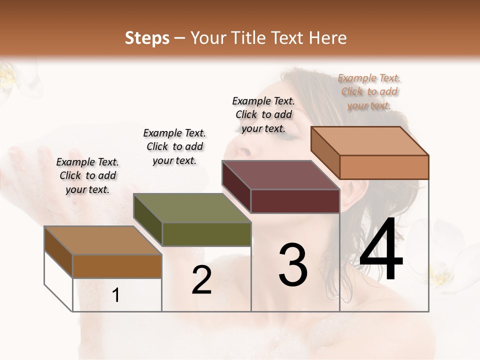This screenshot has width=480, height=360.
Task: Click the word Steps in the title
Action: [x=147, y=38]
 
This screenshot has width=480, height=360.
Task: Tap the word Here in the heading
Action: [x=327, y=38]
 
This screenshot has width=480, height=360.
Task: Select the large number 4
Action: [x=381, y=250]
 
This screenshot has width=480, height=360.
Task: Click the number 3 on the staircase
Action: [x=293, y=265]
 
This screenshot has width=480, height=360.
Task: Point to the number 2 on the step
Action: [x=201, y=280]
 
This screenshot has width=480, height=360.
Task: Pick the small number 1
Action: [x=116, y=295]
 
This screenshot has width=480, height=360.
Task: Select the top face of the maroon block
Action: [x=280, y=175]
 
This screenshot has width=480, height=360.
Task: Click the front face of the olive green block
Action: [x=206, y=234]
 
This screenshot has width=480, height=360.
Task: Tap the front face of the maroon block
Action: [x=295, y=201]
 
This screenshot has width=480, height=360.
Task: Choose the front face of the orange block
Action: [x=384, y=167]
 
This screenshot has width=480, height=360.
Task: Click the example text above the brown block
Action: [x=87, y=176]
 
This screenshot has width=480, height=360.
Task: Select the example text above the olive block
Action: [x=174, y=146]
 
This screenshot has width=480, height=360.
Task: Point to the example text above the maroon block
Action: [x=263, y=114]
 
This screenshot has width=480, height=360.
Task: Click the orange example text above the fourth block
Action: [x=369, y=91]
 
